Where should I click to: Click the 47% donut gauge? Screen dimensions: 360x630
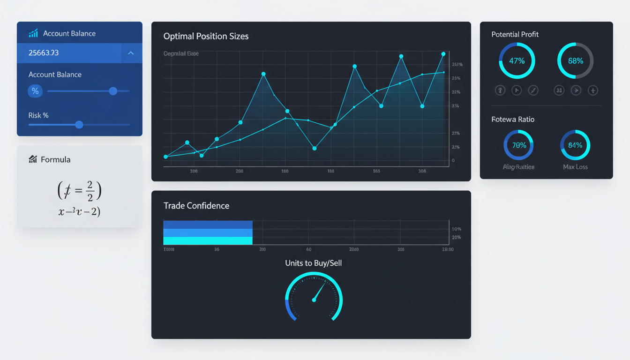tap(517, 61)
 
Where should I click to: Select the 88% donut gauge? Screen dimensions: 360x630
tap(575, 61)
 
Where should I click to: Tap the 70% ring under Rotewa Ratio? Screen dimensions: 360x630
tap(518, 145)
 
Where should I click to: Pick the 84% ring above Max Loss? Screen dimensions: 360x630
tap(575, 145)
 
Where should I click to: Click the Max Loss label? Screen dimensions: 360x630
tap(575, 167)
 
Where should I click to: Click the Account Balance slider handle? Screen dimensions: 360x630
tap(113, 91)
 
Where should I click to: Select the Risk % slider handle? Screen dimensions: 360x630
tap(79, 124)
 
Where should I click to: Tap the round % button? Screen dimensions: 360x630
tap(35, 91)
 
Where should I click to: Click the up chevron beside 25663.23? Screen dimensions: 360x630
tap(131, 53)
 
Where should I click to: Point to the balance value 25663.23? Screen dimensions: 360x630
tap(44, 53)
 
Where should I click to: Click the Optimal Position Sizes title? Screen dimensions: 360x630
tap(206, 36)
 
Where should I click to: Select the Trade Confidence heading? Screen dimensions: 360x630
tap(196, 206)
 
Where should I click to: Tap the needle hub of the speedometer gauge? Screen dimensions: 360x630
tap(314, 300)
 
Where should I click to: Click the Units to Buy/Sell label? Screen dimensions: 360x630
tap(314, 263)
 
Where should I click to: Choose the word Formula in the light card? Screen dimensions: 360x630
tap(55, 159)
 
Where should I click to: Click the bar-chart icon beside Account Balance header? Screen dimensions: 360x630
tap(33, 33)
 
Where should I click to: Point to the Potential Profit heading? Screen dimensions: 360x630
tap(515, 34)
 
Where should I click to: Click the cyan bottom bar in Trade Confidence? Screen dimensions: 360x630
tap(208, 240)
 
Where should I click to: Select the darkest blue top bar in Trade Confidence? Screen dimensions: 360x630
tap(208, 225)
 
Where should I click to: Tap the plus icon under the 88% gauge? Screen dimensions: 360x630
tap(593, 90)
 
